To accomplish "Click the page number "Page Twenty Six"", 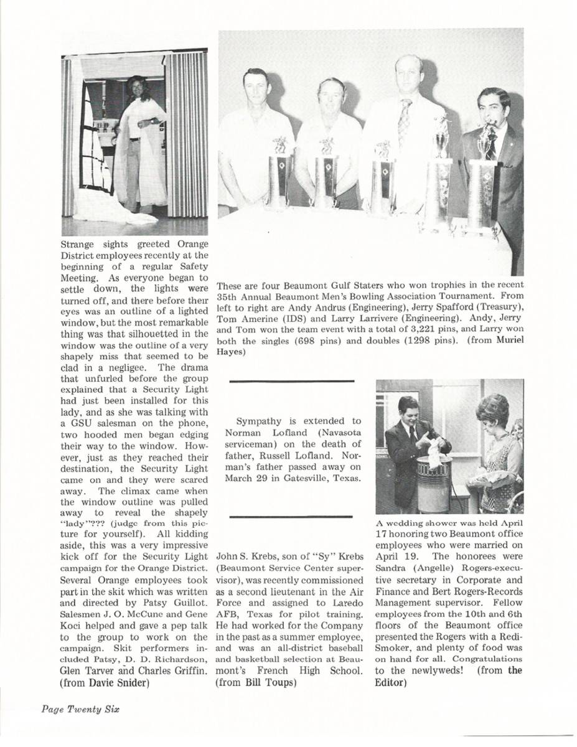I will (80, 709).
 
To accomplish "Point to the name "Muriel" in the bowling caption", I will (509, 339).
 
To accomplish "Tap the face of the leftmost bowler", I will (256, 89).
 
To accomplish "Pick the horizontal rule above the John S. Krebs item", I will (291, 517).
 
